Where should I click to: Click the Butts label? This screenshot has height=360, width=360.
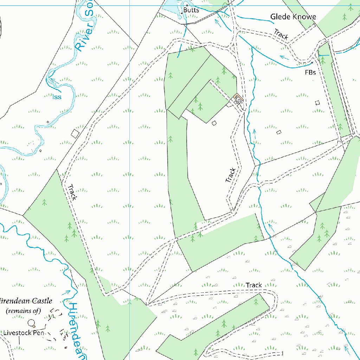tap(191, 10)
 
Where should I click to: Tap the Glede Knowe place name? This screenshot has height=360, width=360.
tap(293, 17)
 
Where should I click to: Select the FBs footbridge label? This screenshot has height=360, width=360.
tap(310, 73)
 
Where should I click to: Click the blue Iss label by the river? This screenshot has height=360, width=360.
tap(57, 97)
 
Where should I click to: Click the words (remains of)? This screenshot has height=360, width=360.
tap(24, 311)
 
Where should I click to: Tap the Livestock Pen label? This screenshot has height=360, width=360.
tap(24, 333)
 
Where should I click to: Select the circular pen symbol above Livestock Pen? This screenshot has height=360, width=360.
tap(32, 322)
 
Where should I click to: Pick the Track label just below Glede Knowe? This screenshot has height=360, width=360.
tap(281, 34)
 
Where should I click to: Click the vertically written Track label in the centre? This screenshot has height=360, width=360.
tap(231, 175)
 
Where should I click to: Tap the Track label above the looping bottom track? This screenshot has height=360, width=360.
tap(254, 285)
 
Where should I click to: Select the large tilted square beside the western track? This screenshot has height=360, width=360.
tap(75, 133)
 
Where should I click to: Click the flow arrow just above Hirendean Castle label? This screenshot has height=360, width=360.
tap(66, 291)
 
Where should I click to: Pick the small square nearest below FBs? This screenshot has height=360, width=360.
tap(317, 103)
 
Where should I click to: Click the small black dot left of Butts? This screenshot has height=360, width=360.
tap(181, 13)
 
